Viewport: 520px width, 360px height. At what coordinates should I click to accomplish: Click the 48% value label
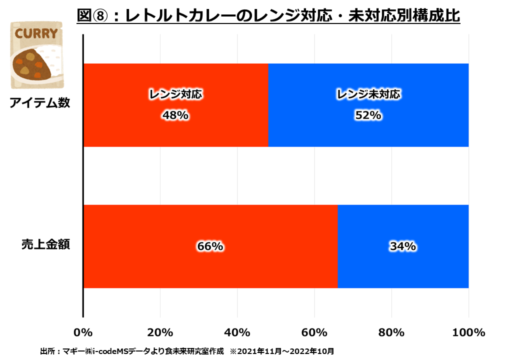(175, 115)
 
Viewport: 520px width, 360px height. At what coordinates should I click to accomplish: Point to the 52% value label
(368, 115)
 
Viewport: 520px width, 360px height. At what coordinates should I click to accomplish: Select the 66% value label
(210, 246)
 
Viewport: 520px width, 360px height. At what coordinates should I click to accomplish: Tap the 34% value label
(403, 246)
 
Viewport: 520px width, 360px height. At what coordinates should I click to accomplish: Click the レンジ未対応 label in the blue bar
(368, 94)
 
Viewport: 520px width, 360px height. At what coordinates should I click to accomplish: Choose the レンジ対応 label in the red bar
(175, 94)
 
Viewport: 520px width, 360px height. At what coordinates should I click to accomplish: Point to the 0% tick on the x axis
(83, 332)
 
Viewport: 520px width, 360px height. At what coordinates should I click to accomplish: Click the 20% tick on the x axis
(160, 332)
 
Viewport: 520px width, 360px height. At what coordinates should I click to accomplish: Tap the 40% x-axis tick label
(237, 332)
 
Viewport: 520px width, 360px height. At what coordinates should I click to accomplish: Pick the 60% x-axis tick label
(314, 332)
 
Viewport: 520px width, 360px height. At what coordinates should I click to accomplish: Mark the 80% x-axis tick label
(391, 332)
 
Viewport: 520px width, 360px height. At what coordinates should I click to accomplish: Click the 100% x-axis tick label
(468, 332)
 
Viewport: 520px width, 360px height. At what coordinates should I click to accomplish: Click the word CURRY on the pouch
(36, 34)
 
